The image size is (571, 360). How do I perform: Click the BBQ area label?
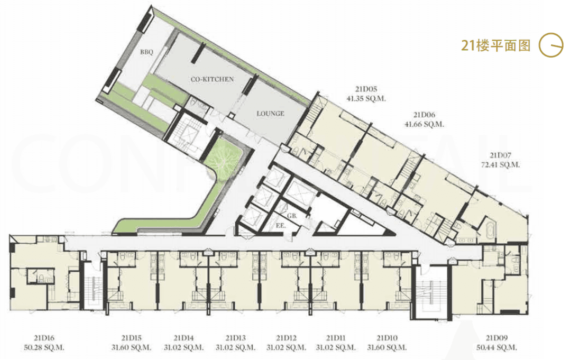pos(146,52)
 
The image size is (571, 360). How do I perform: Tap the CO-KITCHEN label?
pos(213,79)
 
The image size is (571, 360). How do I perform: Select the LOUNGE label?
pos(270,114)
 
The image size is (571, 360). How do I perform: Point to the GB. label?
pos(292,216)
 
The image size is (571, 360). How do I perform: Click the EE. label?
pos(281,226)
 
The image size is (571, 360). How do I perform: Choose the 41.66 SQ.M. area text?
pos(424,124)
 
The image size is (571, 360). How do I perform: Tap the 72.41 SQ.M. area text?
pos(500,165)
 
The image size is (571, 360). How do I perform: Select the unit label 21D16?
pos(44,338)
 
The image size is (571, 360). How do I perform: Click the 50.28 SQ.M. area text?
pos(44,348)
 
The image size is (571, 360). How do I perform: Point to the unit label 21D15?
pos(131,338)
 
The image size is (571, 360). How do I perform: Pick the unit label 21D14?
pos(183,338)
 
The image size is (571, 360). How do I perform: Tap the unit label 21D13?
pos(236,338)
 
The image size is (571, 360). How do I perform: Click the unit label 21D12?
pos(286,338)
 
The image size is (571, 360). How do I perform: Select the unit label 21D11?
pos(336,338)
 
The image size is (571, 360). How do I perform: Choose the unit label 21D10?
pos(386,338)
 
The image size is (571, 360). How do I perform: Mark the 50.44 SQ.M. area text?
pos(496,348)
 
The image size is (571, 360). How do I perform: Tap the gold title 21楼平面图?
pos(495,45)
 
